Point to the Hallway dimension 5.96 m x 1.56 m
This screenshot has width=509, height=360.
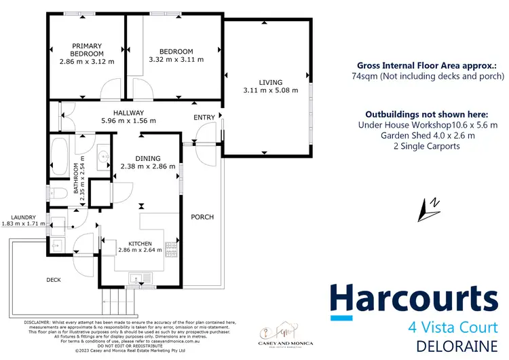point(129,121)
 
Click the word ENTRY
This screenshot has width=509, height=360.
point(204,118)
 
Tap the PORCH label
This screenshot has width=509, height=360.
point(202,217)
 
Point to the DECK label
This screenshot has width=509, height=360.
point(54,280)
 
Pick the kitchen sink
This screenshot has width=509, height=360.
point(137,276)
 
